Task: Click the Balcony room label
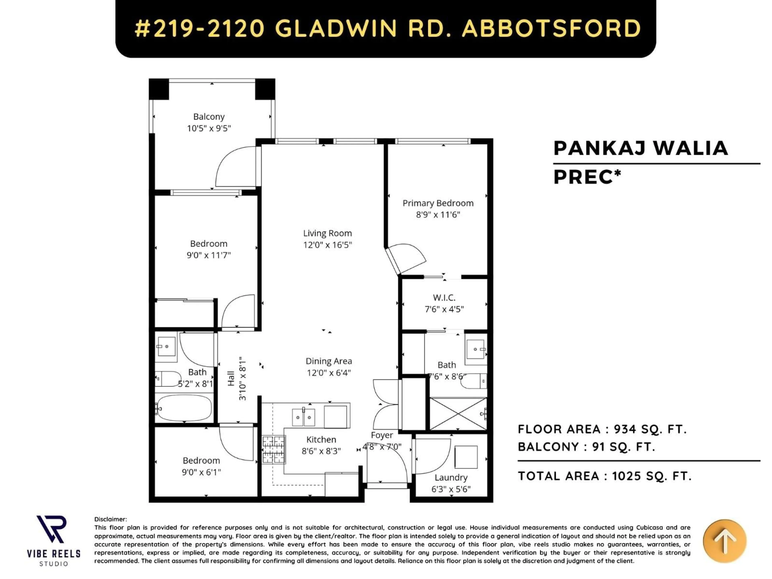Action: click(x=209, y=117)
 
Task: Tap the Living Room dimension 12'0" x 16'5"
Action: click(x=327, y=245)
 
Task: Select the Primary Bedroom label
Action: click(x=438, y=203)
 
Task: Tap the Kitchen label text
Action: click(x=321, y=439)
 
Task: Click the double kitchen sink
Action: click(x=303, y=417)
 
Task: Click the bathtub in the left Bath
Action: click(x=184, y=408)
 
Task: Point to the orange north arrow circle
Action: click(x=725, y=541)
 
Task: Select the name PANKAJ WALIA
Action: click(x=641, y=148)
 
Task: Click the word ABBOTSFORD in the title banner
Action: click(x=551, y=28)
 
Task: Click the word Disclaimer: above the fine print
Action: click(x=111, y=519)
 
